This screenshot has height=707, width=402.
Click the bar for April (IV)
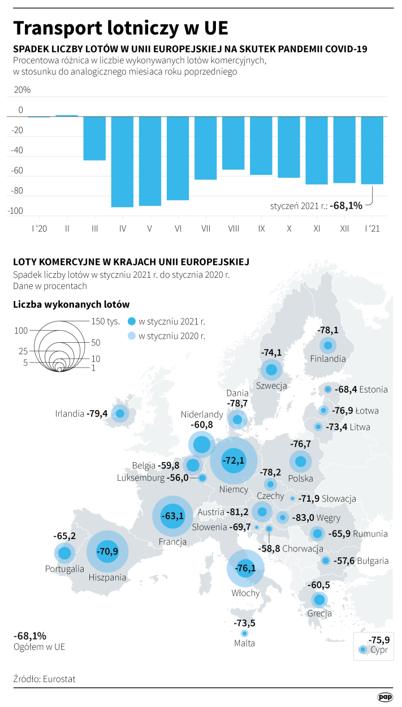click(x=122, y=162)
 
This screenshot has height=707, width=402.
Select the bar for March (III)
click(x=94, y=139)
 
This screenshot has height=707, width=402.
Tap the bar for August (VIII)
click(x=233, y=143)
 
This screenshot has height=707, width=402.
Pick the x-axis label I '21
click(x=372, y=229)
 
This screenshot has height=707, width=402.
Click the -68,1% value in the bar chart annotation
click(x=347, y=206)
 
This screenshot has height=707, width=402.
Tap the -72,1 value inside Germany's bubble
click(x=234, y=460)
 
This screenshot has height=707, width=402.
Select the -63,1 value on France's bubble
click(x=172, y=516)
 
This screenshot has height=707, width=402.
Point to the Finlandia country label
click(x=328, y=359)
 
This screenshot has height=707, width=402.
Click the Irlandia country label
click(x=70, y=413)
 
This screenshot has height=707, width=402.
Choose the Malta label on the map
click(x=244, y=643)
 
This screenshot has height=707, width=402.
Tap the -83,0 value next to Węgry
click(x=304, y=518)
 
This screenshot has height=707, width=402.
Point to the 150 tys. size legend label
click(x=106, y=321)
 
